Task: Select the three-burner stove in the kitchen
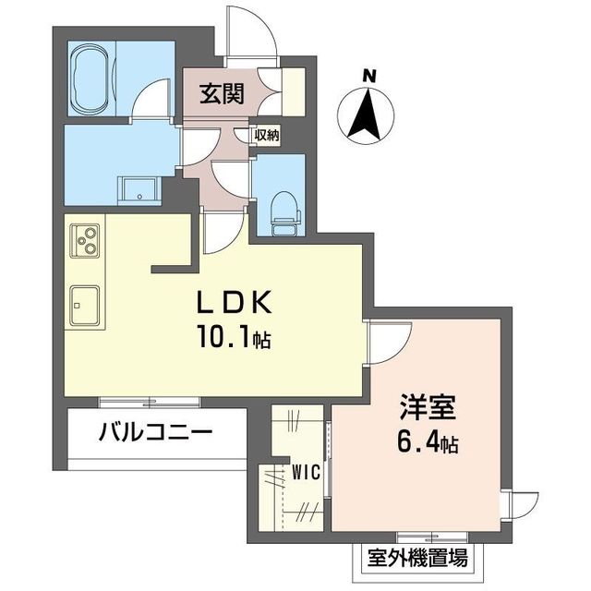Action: (86, 241)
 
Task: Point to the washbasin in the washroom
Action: (139, 187)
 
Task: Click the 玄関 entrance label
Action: (222, 94)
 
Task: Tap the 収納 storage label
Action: (266, 136)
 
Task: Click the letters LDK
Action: (232, 304)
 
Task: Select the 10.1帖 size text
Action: (232, 339)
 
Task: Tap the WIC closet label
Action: (306, 471)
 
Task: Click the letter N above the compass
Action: (368, 77)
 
